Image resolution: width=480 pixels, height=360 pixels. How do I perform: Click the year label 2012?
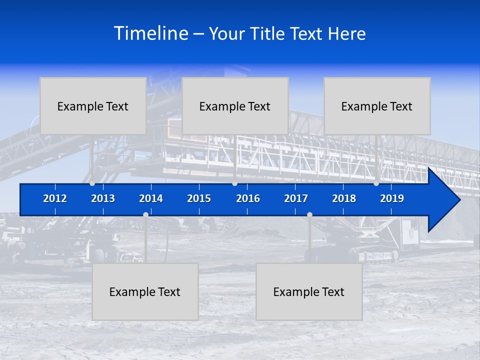(x=55, y=198)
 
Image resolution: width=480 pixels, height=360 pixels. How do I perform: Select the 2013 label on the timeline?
(x=103, y=198)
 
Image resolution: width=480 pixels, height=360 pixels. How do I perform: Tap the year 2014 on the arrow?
(x=151, y=198)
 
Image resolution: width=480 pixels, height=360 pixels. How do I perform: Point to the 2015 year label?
(x=199, y=198)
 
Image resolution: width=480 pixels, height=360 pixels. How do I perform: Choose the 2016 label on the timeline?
(x=248, y=198)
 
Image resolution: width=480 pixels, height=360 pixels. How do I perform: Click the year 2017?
(x=296, y=198)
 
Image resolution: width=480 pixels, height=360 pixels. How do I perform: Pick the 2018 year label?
(x=344, y=198)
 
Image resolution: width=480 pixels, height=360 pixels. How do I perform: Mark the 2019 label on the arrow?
(x=392, y=198)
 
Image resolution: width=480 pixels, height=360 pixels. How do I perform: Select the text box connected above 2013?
(x=93, y=106)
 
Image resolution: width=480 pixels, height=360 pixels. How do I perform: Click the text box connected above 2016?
(x=235, y=106)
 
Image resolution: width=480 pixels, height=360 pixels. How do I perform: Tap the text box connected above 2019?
(x=377, y=106)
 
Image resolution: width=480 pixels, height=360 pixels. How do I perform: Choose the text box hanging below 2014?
(x=145, y=291)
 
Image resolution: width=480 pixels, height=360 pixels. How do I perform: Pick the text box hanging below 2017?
(x=309, y=291)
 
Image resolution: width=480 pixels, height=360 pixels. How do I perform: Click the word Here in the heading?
(x=347, y=33)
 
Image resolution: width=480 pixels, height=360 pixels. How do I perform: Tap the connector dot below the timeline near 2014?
(x=145, y=215)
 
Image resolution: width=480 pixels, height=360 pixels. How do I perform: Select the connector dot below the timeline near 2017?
(x=309, y=215)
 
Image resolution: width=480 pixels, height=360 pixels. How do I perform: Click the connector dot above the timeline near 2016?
(x=235, y=183)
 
